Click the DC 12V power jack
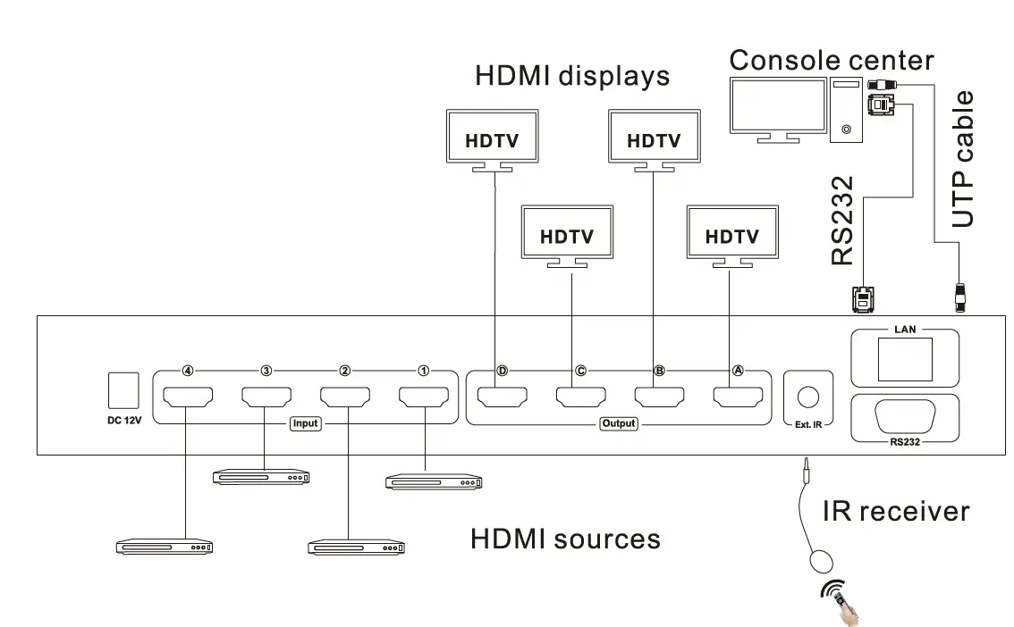[x=123, y=391]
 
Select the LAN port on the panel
[x=905, y=359]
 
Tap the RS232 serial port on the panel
[x=905, y=415]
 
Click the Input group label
[x=305, y=423]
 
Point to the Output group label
[x=618, y=423]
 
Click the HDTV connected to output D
[x=494, y=139]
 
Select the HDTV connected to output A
[x=731, y=236]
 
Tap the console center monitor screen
[x=776, y=105]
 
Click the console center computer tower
[x=846, y=109]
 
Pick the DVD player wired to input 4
[x=165, y=547]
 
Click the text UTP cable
[x=963, y=159]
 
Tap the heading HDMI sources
[x=565, y=539]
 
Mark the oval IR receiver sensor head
[x=821, y=562]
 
